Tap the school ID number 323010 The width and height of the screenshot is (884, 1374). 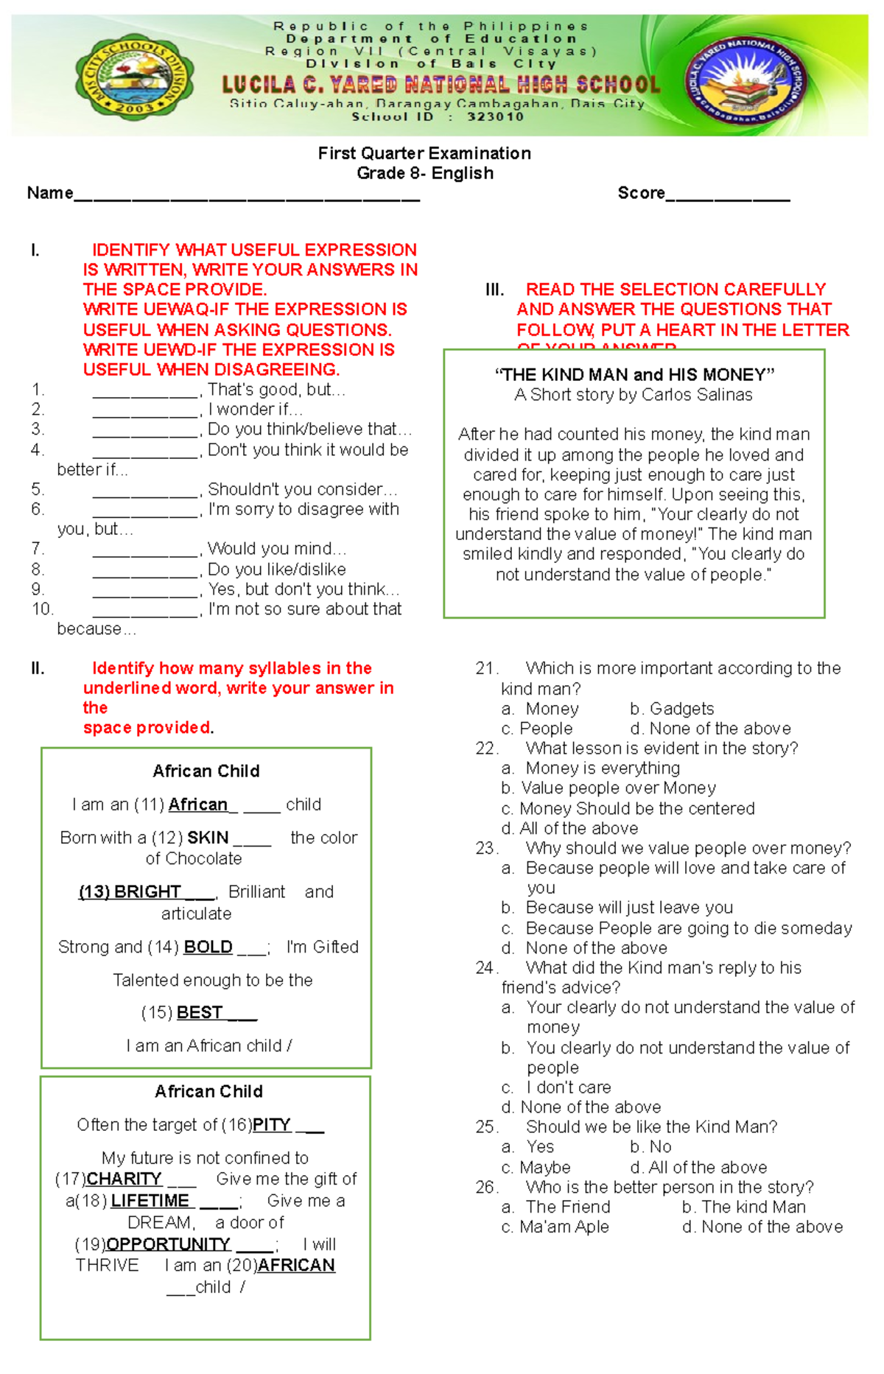(495, 116)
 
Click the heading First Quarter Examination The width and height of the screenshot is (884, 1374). (424, 153)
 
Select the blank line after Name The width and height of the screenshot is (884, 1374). (247, 196)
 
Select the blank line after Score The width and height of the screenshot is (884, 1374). (728, 196)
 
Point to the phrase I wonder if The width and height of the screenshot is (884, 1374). (255, 410)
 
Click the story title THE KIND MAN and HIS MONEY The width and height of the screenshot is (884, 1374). (634, 374)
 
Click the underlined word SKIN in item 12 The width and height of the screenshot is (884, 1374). (208, 838)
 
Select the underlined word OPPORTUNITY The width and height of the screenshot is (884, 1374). (169, 1244)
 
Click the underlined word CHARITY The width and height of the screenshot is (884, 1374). (124, 1179)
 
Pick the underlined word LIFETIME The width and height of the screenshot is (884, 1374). (150, 1201)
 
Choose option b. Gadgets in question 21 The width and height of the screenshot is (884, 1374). (672, 709)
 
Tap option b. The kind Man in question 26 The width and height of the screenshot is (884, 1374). (743, 1207)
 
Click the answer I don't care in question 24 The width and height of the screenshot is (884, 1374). (568, 1087)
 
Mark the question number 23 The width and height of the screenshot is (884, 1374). (485, 848)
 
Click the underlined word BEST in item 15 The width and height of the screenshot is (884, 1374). (200, 1013)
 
